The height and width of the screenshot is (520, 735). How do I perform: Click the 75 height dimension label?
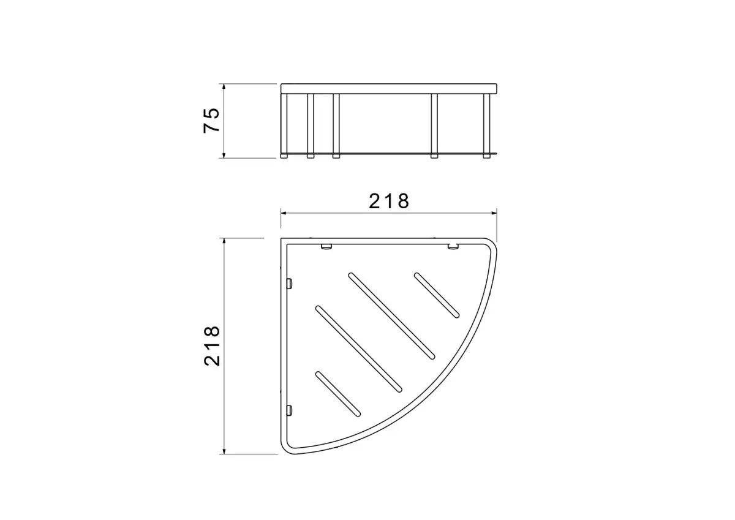pos(211,120)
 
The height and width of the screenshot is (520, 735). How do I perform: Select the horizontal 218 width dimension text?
pos(389,201)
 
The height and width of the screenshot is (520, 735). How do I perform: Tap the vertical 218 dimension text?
pos(212,346)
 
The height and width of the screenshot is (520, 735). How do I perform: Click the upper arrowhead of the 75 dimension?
pos(224,87)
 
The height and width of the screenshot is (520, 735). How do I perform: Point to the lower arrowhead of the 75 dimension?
pos(224,154)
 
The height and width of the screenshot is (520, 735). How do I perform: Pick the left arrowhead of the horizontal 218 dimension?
pos(284,213)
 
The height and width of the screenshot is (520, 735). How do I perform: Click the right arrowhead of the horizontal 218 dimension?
pos(493,213)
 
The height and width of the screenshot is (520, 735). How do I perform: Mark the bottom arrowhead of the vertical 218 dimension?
pos(224,450)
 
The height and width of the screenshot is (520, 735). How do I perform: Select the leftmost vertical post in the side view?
pos(284,126)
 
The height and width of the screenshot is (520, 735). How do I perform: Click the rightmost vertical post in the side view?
pos(487,126)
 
